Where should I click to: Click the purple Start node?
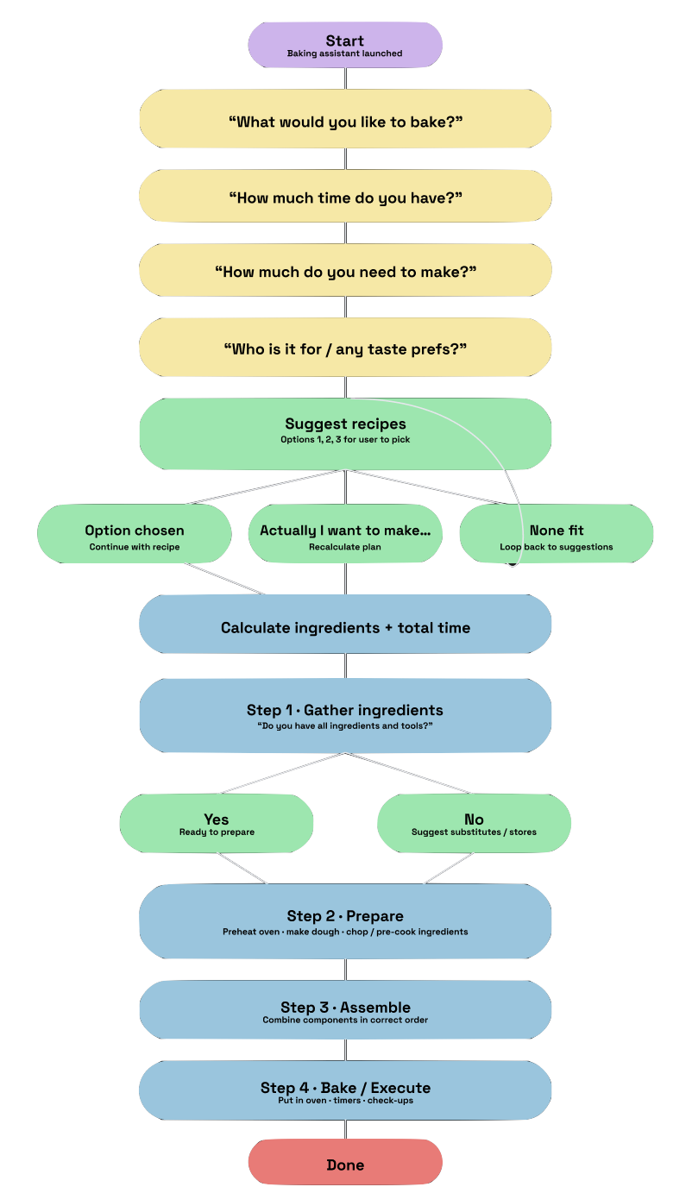point(345,44)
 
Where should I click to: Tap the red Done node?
point(345,1165)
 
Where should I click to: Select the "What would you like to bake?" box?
point(345,122)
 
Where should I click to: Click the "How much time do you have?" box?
point(345,198)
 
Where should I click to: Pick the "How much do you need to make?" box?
point(345,272)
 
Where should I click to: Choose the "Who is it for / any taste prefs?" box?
point(345,349)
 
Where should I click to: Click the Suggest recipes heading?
point(345,424)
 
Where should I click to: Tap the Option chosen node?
point(134,534)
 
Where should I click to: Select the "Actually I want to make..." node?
point(345,534)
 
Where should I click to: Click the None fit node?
point(557,531)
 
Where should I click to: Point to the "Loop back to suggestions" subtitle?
point(557,547)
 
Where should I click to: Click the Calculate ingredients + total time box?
point(345,627)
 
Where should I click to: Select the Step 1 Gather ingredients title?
point(345,710)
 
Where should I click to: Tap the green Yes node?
point(216,823)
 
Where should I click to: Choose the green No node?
point(474,823)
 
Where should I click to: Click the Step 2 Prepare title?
point(345,915)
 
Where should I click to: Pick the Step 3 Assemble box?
point(345,1010)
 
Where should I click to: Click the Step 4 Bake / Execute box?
point(345,1090)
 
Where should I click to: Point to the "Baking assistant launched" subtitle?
point(345,53)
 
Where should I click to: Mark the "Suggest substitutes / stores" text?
point(474,832)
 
